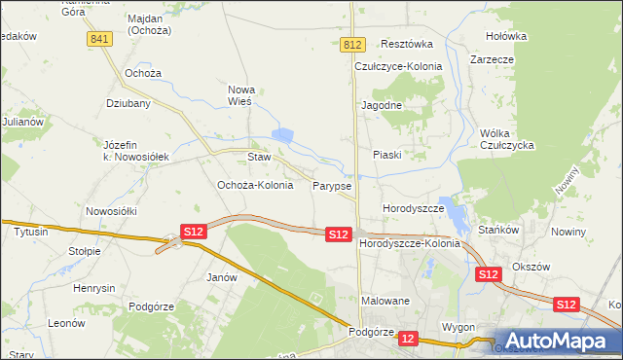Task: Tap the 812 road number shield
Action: pyautogui.click(x=353, y=45)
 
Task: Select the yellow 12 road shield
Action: pyautogui.click(x=408, y=339)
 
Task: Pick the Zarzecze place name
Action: pyautogui.click(x=492, y=59)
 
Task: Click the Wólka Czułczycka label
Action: pyautogui.click(x=508, y=139)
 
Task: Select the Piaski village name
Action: pyautogui.click(x=387, y=155)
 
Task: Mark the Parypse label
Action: pyautogui.click(x=332, y=185)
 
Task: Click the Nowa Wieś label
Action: pyautogui.click(x=240, y=94)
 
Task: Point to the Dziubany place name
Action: pyautogui.click(x=127, y=102)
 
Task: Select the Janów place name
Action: pyautogui.click(x=223, y=277)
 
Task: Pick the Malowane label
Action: pyautogui.click(x=385, y=302)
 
